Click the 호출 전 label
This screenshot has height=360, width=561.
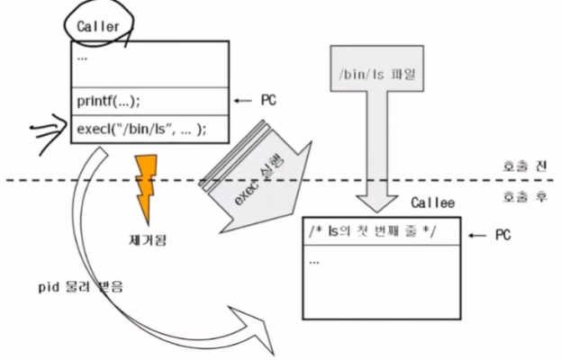pos(523,166)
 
